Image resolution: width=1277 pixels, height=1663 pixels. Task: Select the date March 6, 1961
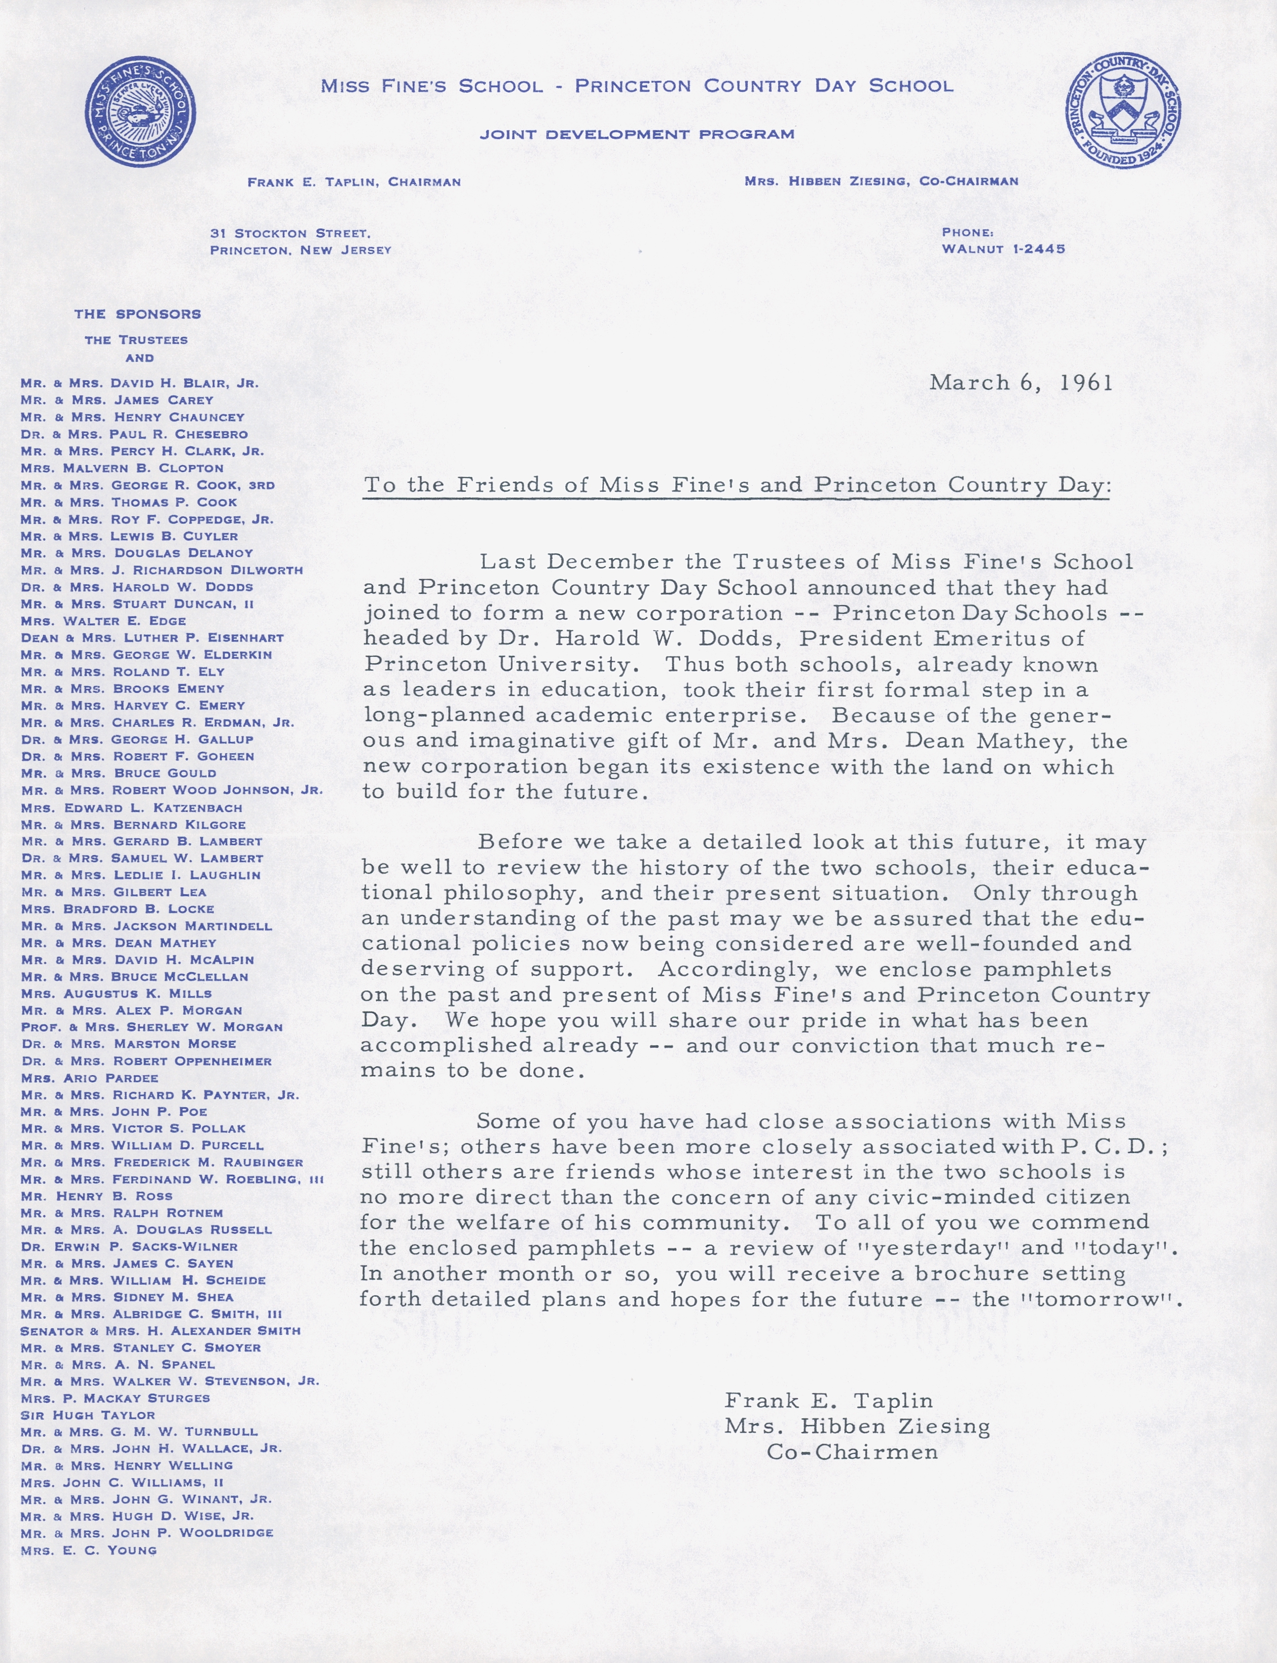pyautogui.click(x=1021, y=382)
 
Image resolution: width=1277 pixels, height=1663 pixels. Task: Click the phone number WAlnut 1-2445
pyautogui.click(x=1003, y=249)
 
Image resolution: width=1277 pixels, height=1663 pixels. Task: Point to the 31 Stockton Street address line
pyautogui.click(x=290, y=233)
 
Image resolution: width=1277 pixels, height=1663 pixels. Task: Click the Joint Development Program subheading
pyautogui.click(x=637, y=134)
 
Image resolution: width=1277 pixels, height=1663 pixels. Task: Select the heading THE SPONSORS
pyautogui.click(x=137, y=314)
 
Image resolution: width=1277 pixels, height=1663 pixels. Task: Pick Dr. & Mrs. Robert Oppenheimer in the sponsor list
pyautogui.click(x=146, y=1061)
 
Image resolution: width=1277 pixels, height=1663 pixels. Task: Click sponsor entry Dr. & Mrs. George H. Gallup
pyautogui.click(x=137, y=739)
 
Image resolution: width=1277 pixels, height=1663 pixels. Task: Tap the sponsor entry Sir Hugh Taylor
pyautogui.click(x=88, y=1415)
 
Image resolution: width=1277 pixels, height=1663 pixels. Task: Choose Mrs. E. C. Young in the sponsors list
pyautogui.click(x=89, y=1550)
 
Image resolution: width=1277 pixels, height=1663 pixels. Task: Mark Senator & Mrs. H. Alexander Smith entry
pyautogui.click(x=160, y=1331)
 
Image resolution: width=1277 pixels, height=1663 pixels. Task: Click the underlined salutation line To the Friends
pyautogui.click(x=737, y=486)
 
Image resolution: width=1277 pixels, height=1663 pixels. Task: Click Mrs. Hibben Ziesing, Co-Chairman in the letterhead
pyautogui.click(x=881, y=181)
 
